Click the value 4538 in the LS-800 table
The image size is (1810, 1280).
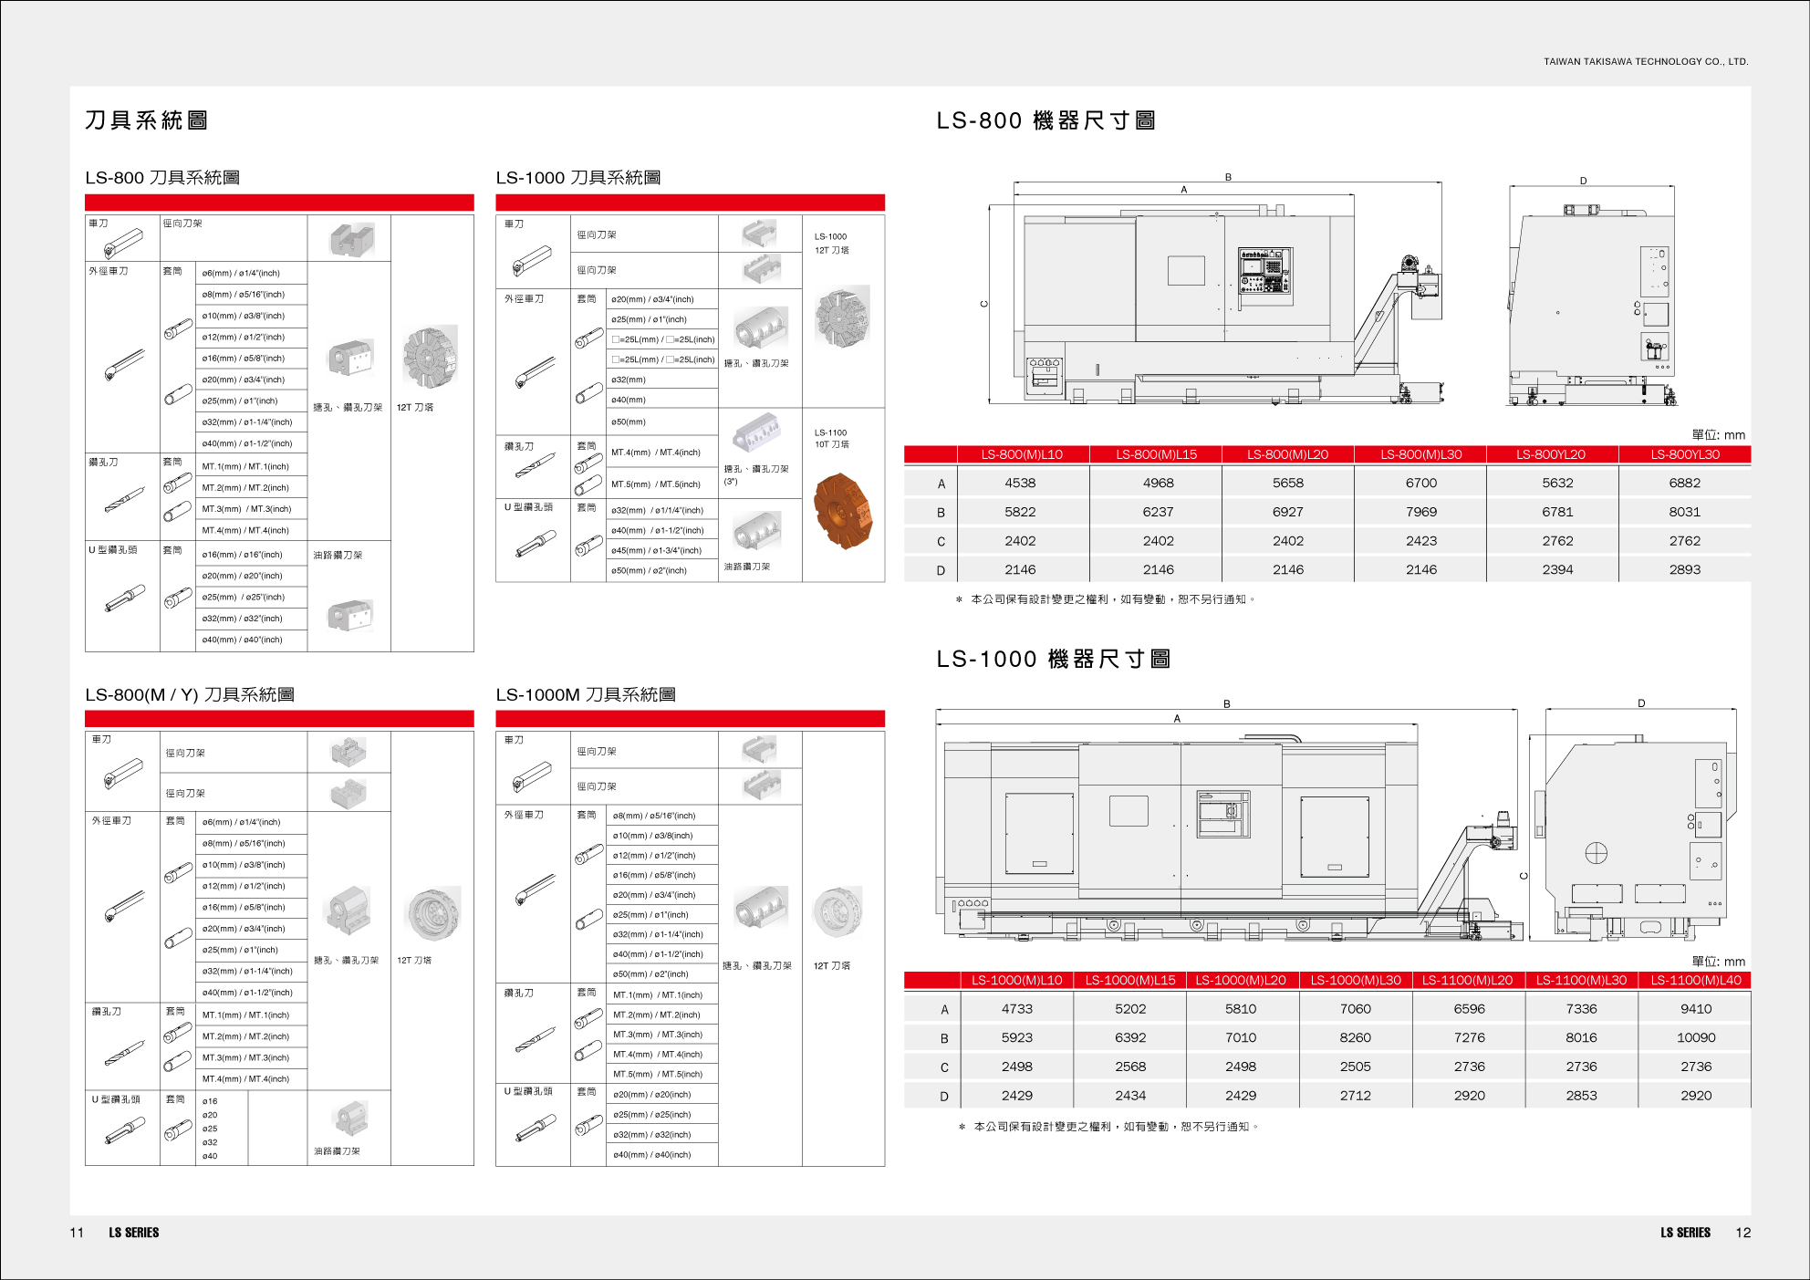pos(1020,483)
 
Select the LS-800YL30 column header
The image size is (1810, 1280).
pos(1684,454)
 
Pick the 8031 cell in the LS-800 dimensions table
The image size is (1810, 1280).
pos(1684,512)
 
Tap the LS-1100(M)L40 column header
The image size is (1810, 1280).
pos(1695,981)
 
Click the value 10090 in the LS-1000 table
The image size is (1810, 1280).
pos(1695,1037)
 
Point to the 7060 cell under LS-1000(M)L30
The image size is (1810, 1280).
pos(1355,1009)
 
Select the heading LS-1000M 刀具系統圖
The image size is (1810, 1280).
pos(585,695)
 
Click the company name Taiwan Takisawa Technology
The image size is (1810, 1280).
pos(1645,62)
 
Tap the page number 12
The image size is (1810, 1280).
pos(1742,1233)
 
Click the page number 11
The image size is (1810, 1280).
pos(77,1233)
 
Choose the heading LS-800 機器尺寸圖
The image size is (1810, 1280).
pos(1045,120)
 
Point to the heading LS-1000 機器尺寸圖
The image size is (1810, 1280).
pos(1053,659)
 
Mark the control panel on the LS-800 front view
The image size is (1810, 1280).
pos(1264,271)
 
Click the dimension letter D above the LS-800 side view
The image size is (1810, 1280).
pos(1583,181)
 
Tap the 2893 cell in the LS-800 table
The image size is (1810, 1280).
pos(1684,569)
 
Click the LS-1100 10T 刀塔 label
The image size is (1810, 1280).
pos(831,439)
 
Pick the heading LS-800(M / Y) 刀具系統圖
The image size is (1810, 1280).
pos(190,695)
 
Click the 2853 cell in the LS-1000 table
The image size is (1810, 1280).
pos(1581,1096)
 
